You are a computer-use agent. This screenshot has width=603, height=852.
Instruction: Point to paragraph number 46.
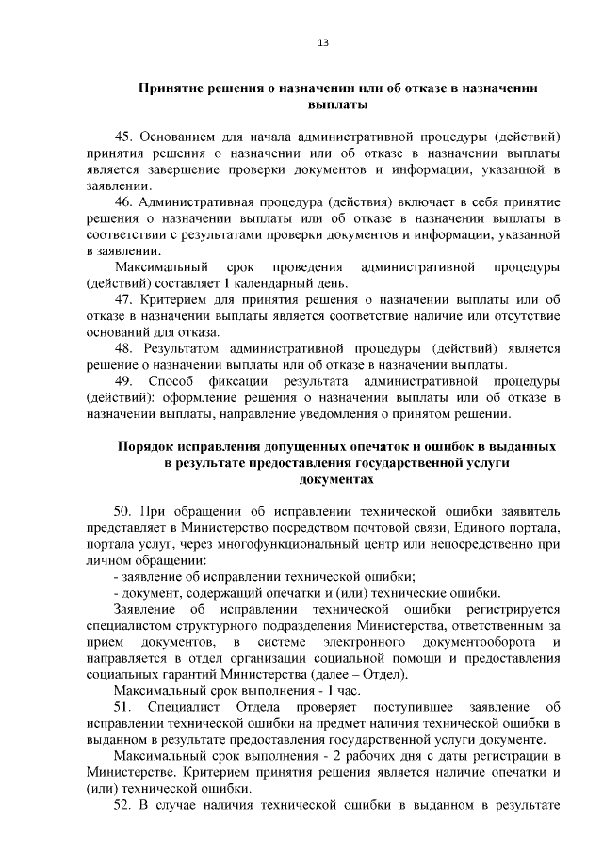tap(124, 202)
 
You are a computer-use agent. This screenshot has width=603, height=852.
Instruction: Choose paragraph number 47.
tap(124, 299)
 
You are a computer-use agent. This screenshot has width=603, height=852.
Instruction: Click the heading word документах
tap(336, 479)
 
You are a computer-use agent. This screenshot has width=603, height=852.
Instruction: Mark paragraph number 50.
tap(124, 511)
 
